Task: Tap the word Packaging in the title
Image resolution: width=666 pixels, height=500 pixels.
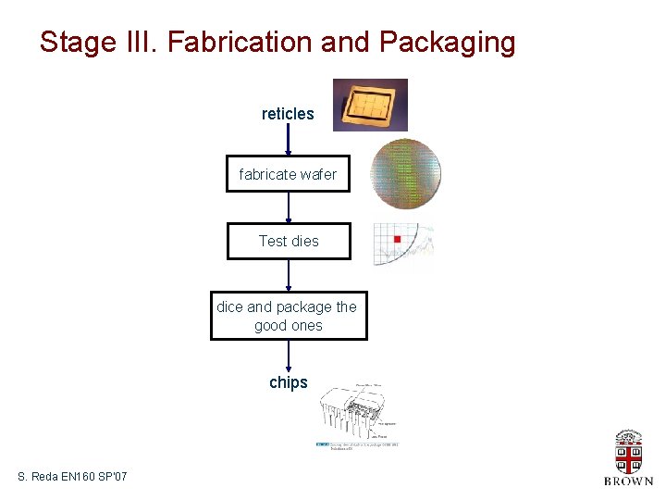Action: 447,43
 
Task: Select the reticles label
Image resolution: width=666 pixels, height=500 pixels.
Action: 288,114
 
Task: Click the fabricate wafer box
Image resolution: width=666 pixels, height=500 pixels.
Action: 288,174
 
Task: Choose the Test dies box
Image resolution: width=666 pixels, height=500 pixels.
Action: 289,241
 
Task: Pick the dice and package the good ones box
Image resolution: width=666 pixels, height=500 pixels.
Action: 288,316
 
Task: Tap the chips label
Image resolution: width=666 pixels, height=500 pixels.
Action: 288,382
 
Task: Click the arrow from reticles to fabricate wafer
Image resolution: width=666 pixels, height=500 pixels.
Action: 289,139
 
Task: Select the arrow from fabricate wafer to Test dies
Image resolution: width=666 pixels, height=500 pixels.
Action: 289,207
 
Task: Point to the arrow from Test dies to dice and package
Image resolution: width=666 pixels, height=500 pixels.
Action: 289,274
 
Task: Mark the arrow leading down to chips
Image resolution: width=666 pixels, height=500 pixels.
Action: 289,355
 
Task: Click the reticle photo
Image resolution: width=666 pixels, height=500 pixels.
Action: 370,105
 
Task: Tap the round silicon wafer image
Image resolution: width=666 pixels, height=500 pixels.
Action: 405,174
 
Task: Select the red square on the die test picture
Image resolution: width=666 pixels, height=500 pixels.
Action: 397,240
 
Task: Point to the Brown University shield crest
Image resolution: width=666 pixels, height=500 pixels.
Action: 629,454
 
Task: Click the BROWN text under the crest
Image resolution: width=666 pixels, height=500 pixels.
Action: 629,481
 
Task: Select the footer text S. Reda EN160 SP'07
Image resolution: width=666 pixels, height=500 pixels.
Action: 72,477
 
